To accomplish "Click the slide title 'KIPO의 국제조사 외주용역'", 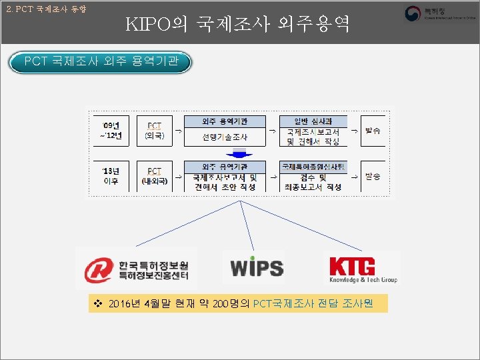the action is [237, 25].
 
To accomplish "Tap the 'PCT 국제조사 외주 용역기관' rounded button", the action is [101, 63].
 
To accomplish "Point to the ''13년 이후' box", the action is [111, 175].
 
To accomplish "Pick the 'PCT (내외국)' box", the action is [154, 175].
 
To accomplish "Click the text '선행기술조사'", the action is [225, 137].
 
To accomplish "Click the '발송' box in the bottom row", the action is [373, 176].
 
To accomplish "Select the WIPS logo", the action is [257, 268].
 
